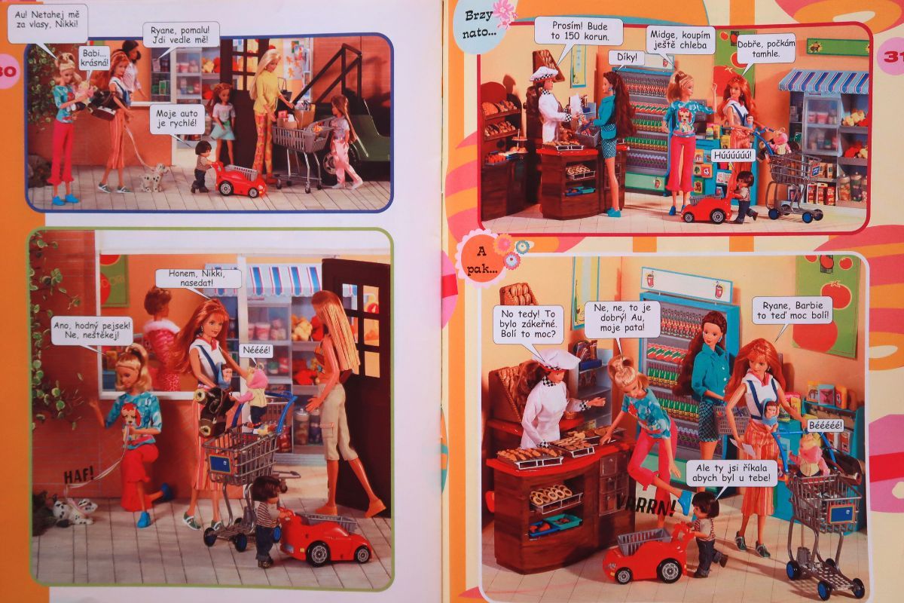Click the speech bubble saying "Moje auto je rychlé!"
[177, 120]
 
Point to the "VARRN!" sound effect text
[646, 506]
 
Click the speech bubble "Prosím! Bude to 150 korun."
[580, 32]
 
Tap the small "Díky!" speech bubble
[627, 58]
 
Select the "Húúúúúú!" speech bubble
[732, 156]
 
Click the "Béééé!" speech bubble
[826, 425]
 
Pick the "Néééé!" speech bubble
[257, 350]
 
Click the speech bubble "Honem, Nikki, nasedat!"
[197, 278]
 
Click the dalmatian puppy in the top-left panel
[154, 177]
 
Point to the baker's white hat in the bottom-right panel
[560, 359]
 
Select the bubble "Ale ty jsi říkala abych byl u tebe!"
[731, 473]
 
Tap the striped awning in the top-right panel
[823, 81]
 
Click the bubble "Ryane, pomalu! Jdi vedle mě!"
[180, 35]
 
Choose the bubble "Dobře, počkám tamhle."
[765, 48]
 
